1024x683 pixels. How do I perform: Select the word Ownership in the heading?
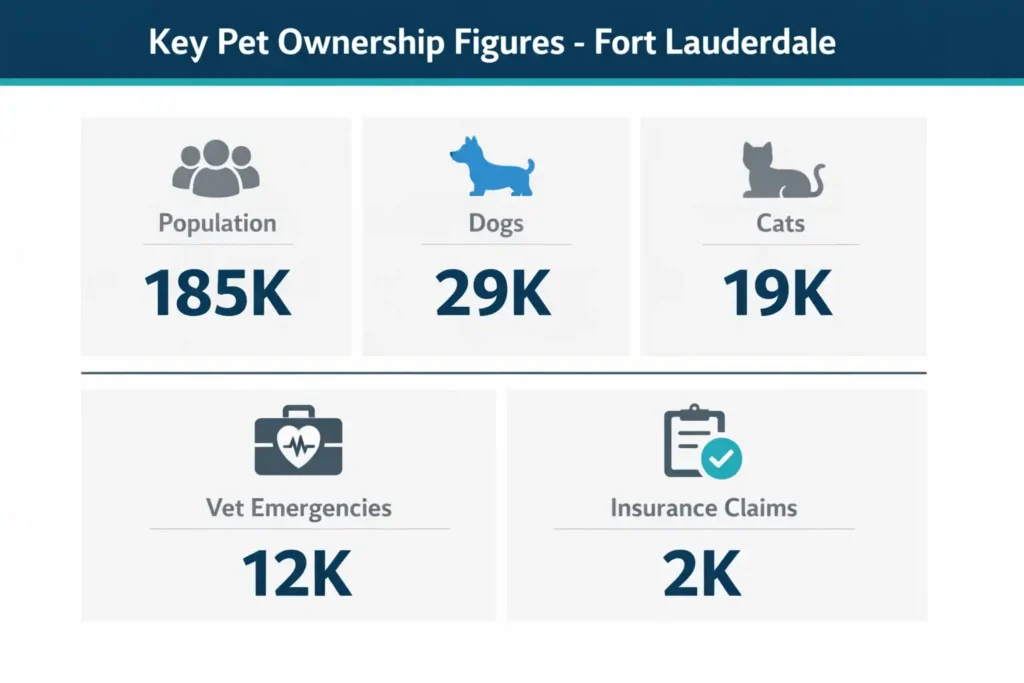375,44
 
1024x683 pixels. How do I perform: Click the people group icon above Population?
216,166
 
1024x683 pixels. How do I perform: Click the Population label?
217,223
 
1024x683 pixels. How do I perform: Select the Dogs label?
496,223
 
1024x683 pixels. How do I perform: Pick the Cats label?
781,223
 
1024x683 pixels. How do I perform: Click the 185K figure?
217,293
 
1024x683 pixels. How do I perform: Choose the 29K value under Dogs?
494,293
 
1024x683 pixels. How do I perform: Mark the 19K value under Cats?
779,293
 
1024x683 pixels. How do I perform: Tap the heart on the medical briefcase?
298,448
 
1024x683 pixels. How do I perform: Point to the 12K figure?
297,574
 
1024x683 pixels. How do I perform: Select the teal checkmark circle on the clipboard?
720,459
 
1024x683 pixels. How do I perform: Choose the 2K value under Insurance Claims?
703,574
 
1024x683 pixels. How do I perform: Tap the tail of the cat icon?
818,180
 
